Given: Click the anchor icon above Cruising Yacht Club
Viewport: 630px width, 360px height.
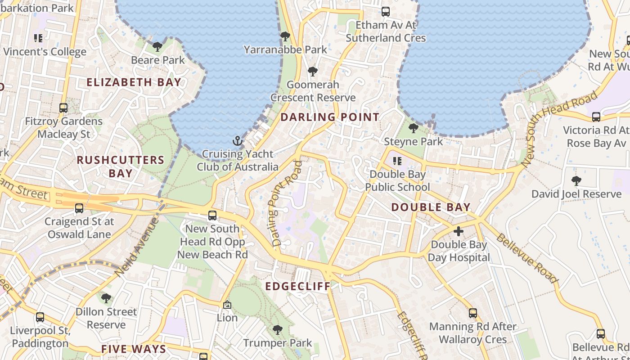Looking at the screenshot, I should pos(237,141).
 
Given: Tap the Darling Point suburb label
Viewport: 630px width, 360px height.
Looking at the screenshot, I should pos(330,117).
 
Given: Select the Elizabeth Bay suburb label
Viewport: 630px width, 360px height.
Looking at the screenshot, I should pos(134,82).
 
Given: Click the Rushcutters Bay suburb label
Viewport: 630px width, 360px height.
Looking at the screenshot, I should pos(121,166).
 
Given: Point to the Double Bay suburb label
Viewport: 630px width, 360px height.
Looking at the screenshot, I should pos(431,207).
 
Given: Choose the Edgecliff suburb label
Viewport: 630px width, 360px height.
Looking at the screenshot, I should pos(297,286).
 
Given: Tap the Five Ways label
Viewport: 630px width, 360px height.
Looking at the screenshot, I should pos(134,349).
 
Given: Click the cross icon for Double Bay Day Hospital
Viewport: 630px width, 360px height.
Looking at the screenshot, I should pos(459,232).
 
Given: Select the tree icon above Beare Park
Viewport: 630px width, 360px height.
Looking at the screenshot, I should pos(157,46).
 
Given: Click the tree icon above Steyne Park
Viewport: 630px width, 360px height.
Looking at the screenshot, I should pos(413,128).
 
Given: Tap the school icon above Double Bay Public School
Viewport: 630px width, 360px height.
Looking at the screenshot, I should pos(397,161).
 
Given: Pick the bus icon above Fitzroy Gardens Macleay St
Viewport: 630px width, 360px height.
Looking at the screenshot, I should pos(63,108).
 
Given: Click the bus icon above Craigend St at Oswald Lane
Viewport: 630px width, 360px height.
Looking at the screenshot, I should pos(79,208).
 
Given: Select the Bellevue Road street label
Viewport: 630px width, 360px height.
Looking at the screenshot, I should pos(526,258).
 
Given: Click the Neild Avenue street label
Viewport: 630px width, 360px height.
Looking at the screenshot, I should pos(137,246).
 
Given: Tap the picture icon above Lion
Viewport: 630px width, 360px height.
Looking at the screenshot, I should pos(227,305).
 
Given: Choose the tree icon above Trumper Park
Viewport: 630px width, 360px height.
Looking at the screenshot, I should pos(277,330).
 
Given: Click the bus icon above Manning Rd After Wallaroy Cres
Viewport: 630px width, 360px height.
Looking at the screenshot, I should pos(472,313).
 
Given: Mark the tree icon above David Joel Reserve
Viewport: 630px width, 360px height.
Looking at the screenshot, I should pos(576,181).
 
